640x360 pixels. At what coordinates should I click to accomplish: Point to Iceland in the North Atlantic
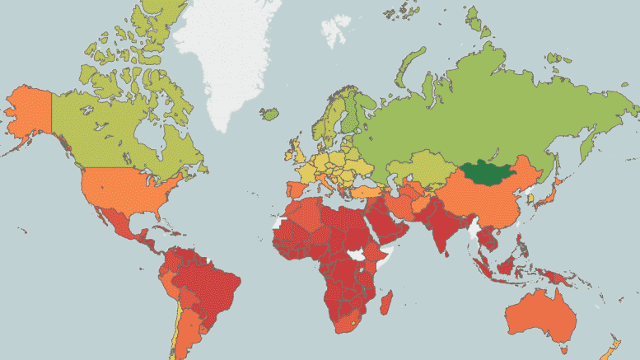pyautogui.click(x=269, y=114)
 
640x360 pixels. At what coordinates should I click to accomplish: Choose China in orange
pyautogui.click(x=486, y=202)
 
